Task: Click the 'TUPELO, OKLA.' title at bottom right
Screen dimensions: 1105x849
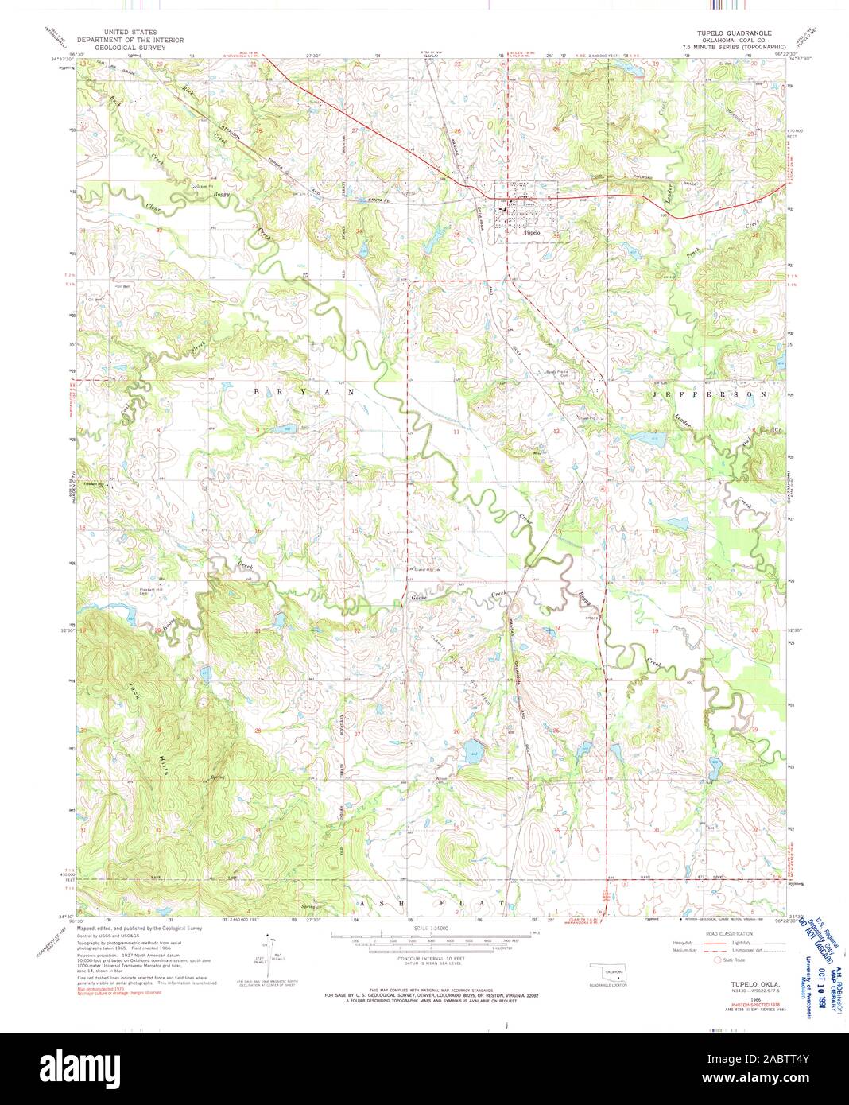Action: tap(743, 983)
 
